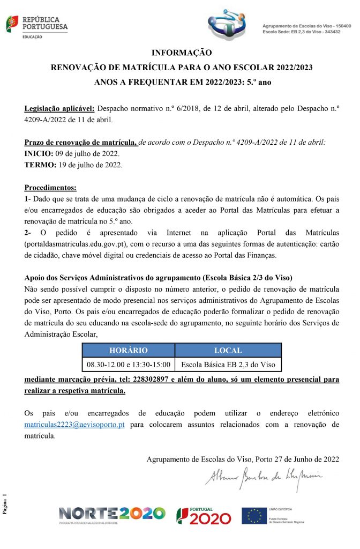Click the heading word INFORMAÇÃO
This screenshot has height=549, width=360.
click(x=182, y=53)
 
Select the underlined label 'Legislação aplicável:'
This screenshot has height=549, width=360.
click(x=59, y=109)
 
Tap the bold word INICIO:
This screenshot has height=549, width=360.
click(x=39, y=154)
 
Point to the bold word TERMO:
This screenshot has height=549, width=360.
click(x=40, y=165)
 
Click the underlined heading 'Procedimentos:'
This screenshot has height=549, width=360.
click(x=51, y=188)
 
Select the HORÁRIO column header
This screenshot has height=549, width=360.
click(x=128, y=350)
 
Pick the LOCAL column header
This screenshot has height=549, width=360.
click(x=228, y=350)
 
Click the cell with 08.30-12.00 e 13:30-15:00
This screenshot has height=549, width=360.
click(x=129, y=365)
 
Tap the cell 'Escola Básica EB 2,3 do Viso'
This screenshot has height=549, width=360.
click(x=228, y=365)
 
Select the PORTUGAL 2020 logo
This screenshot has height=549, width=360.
click(x=204, y=516)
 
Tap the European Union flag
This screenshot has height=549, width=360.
click(x=253, y=516)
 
